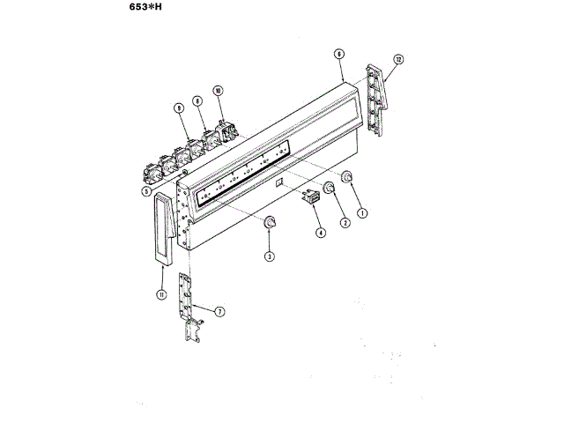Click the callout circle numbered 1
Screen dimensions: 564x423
tap(360, 211)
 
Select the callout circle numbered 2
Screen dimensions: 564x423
tap(345, 223)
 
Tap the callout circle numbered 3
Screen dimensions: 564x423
tap(268, 256)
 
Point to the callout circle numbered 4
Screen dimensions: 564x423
tap(320, 233)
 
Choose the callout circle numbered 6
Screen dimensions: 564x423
tap(338, 53)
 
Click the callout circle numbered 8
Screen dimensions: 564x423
tap(198, 101)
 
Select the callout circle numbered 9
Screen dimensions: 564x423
tap(178, 108)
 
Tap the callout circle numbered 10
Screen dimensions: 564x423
tap(218, 90)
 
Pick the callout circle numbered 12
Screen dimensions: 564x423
tap(398, 59)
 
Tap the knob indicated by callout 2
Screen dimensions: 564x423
tap(330, 188)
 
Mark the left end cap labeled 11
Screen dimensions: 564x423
tap(162, 229)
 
